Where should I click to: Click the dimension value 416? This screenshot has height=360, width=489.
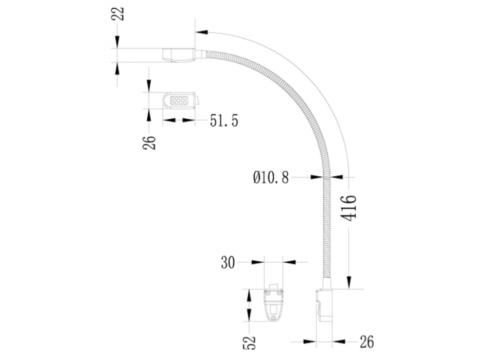coord(349,208)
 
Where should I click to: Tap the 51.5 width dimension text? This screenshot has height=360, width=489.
coord(224,121)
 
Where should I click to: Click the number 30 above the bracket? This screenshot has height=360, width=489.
coord(228,263)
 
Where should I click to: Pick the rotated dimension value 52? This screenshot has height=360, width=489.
coord(250,342)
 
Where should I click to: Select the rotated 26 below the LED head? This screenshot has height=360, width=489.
coord(149,141)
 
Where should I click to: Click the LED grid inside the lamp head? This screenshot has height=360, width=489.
coord(179,100)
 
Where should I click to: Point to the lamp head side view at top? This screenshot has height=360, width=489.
coord(179,55)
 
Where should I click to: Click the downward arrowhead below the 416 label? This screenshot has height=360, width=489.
coord(349,283)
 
